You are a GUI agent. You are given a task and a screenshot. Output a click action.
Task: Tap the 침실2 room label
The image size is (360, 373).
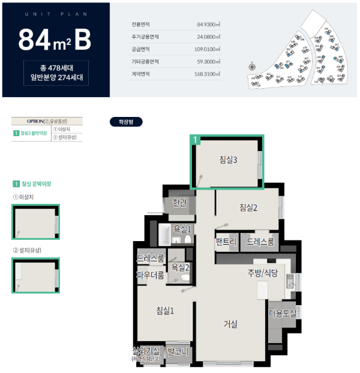248,207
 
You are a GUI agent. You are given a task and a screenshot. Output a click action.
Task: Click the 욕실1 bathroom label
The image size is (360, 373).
182,228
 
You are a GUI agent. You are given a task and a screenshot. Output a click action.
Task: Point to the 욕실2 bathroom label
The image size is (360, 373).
180,267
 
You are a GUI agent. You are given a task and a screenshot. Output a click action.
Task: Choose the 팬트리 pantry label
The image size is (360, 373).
227,242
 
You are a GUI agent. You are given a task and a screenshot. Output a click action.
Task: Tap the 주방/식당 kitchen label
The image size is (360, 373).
263,273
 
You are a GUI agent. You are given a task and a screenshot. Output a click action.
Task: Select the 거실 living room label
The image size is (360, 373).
230,324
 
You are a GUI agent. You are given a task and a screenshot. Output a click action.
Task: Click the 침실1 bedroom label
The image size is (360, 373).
165,310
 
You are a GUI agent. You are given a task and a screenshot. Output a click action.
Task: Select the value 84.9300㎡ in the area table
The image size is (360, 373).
208,25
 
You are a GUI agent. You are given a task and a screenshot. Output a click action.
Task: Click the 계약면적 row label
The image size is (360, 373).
140,74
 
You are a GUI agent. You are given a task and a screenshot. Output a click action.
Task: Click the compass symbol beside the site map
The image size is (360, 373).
252,67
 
